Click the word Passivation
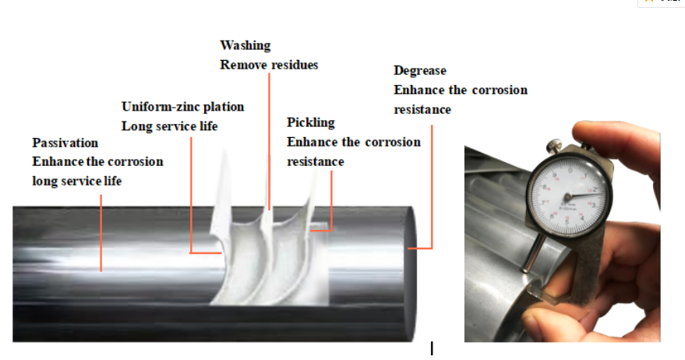pos(65,143)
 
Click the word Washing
pos(245,45)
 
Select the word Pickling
pos(310,122)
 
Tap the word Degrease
pos(419,70)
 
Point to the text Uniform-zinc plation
pos(182,106)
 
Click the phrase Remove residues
pos(269,65)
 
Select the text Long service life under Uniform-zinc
pos(169,125)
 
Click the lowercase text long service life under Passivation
pos(77,181)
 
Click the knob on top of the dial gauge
pos(555,146)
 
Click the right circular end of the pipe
pos(417,249)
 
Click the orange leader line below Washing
pos(270,140)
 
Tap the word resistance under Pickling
pos(315,161)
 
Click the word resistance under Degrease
pos(422,109)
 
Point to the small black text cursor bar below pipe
pos(431,348)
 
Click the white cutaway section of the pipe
pos(257,257)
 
